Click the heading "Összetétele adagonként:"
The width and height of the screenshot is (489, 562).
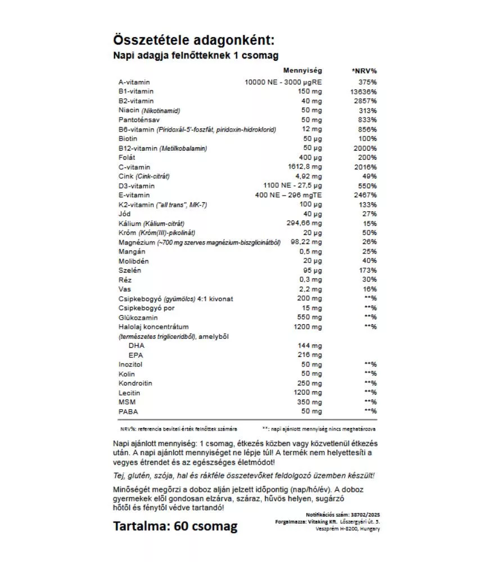coord(194,41)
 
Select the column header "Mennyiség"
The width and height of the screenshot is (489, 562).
coord(302,71)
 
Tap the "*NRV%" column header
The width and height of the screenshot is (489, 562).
coord(364,71)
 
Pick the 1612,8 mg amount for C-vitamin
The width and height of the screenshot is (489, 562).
coord(306,167)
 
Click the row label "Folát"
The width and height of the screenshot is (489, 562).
coord(127,157)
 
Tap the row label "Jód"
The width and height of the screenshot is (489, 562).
coord(125,214)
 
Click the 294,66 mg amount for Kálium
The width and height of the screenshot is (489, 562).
coord(306,223)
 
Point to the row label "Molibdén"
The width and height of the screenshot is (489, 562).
coord(132,261)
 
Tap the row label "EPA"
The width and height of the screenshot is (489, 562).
coord(135,355)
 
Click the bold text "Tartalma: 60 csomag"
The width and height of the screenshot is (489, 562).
coord(175,527)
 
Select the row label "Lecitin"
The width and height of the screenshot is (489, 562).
coord(129,393)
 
